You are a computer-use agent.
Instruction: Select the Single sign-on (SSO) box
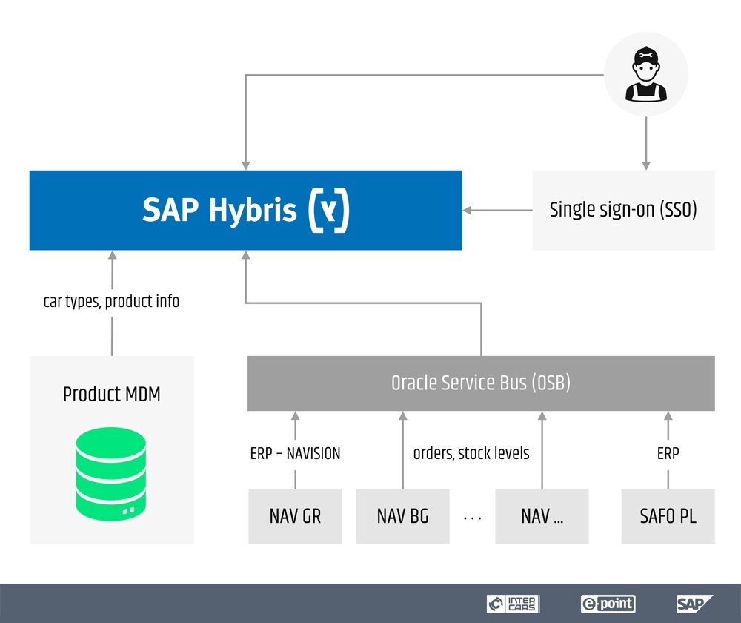pyautogui.click(x=623, y=210)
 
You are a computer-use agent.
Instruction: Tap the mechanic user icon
pyautogui.click(x=646, y=76)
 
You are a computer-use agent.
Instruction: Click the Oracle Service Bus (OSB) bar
pyautogui.click(x=481, y=383)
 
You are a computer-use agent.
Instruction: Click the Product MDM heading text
pyautogui.click(x=111, y=393)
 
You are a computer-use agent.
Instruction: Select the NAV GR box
pyautogui.click(x=295, y=516)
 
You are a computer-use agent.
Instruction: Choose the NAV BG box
pyautogui.click(x=402, y=516)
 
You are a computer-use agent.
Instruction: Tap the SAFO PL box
pyautogui.click(x=668, y=516)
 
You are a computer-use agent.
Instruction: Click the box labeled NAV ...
pyautogui.click(x=542, y=516)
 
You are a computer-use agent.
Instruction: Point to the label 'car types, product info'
pyautogui.click(x=111, y=301)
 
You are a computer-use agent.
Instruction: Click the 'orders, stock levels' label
pyautogui.click(x=471, y=452)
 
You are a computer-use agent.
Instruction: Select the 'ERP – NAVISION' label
pyautogui.click(x=295, y=452)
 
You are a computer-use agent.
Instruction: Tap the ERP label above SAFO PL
pyautogui.click(x=668, y=452)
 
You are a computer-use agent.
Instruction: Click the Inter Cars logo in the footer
pyautogui.click(x=514, y=603)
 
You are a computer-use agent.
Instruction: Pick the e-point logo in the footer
pyautogui.click(x=608, y=603)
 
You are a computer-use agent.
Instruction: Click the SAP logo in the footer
pyautogui.click(x=694, y=603)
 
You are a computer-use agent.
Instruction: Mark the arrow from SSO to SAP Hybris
pyautogui.click(x=497, y=211)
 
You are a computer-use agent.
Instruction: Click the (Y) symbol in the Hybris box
pyautogui.click(x=328, y=211)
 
